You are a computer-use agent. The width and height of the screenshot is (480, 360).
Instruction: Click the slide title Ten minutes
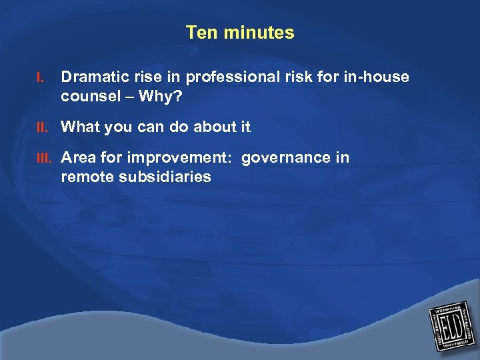[240, 33]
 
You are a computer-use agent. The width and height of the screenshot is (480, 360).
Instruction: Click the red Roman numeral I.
[40, 78]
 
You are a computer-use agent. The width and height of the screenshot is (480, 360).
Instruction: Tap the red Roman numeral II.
[42, 127]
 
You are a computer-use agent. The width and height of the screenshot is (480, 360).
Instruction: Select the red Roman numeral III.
[44, 158]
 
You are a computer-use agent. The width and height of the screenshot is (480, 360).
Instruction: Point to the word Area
[77, 157]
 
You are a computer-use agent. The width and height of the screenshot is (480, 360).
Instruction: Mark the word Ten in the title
[199, 33]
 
